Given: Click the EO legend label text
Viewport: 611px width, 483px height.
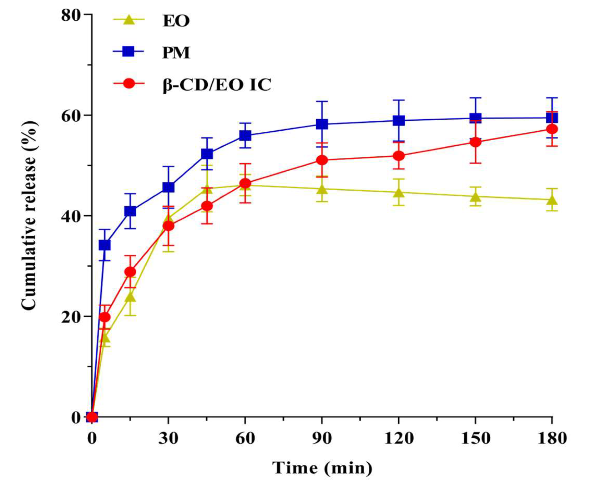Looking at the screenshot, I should tap(176, 21).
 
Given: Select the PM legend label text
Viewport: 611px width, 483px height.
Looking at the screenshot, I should tap(176, 52).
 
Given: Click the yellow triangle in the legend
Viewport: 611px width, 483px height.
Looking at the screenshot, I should tap(129, 20).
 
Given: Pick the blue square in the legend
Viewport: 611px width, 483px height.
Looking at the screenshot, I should tap(128, 52).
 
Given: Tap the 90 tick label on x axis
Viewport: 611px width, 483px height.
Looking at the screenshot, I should tap(322, 438).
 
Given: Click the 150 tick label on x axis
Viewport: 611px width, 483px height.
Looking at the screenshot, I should tap(475, 438).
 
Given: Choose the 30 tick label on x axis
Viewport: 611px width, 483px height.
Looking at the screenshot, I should tap(168, 438).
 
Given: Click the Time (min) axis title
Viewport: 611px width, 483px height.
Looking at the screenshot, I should tap(322, 467).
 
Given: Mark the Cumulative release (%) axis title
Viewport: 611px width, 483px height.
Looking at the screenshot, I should tap(29, 215).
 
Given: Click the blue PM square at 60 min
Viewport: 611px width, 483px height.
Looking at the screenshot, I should tap(245, 135).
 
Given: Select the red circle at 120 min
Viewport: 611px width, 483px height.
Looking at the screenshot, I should tap(399, 156).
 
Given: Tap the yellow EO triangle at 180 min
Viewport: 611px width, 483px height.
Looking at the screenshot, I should tap(552, 200).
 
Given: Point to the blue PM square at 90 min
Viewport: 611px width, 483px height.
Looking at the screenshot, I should tap(322, 124).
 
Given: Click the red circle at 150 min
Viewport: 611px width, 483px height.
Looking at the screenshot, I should tap(475, 142).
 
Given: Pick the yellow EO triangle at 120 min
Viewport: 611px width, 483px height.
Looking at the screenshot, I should tap(399, 193).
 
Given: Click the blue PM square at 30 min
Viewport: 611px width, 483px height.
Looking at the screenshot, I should tap(168, 187).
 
